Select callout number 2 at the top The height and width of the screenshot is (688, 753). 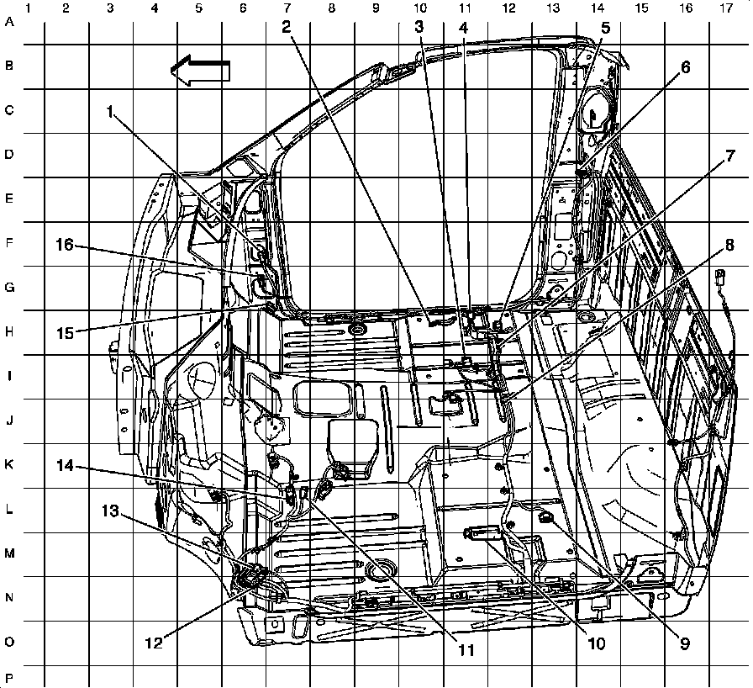(x=287, y=25)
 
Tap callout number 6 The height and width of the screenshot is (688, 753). (x=686, y=68)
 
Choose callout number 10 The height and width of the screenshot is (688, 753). (x=596, y=645)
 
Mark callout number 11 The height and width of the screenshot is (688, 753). (x=466, y=650)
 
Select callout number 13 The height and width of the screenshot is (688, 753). (x=111, y=511)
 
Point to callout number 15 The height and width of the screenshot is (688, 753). (x=66, y=331)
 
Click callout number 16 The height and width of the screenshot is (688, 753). (x=66, y=245)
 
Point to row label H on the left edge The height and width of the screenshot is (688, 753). (x=10, y=332)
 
